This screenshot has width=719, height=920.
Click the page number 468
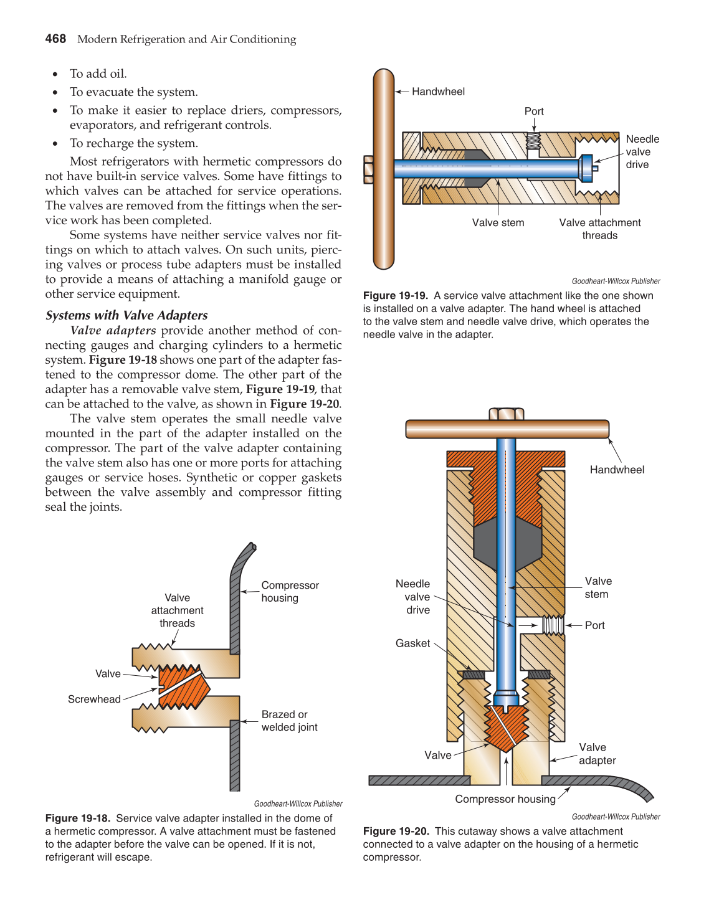tap(55, 39)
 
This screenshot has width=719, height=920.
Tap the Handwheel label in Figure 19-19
tap(438, 92)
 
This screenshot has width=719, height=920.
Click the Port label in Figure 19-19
tap(534, 111)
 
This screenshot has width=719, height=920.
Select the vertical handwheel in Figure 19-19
tap(384, 169)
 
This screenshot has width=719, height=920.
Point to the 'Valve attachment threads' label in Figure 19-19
tap(599, 229)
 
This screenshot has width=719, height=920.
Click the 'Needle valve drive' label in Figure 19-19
tap(642, 152)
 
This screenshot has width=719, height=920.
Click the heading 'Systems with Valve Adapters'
tap(126, 315)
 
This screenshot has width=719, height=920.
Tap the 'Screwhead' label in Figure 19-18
tap(94, 699)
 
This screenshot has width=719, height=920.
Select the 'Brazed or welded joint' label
tap(289, 721)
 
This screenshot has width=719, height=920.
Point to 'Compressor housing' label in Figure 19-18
tap(290, 592)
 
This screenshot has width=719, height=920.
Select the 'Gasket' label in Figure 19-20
tap(412, 643)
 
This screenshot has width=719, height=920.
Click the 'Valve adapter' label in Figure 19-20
tap(596, 754)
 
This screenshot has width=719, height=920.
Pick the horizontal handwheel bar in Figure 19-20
tap(507, 429)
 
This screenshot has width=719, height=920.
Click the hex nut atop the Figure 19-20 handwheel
tap(507, 414)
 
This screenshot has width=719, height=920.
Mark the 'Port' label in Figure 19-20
tap(594, 625)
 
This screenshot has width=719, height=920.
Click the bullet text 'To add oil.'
tap(98, 74)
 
